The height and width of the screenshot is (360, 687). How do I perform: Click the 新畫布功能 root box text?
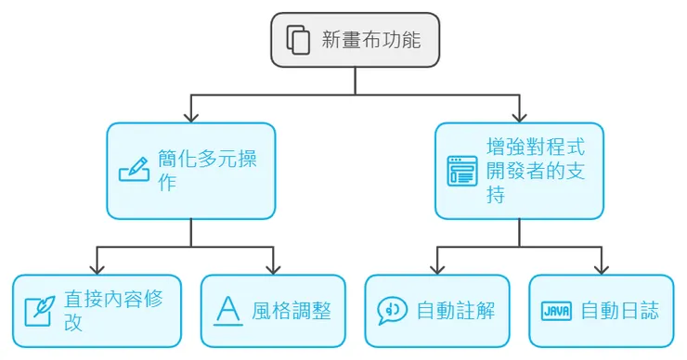(370, 40)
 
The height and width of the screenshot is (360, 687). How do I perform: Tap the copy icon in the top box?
(298, 40)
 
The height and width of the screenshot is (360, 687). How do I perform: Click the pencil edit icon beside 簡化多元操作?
(134, 171)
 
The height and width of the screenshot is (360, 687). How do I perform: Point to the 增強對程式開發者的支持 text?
(536, 171)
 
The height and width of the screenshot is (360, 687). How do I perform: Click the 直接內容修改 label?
(99, 310)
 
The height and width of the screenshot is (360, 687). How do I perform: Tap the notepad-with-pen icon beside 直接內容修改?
(38, 310)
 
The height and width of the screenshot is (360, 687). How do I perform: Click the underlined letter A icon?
(227, 310)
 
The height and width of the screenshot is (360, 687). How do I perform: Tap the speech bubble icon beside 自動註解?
(392, 310)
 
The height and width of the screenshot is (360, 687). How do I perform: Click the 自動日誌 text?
(619, 310)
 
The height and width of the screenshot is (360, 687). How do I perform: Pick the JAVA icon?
(556, 310)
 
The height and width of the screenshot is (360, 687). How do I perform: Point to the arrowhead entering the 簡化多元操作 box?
(191, 117)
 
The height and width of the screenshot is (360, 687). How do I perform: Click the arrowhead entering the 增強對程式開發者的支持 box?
(519, 117)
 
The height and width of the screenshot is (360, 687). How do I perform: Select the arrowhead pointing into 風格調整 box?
(274, 268)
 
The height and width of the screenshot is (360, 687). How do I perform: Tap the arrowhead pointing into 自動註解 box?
(437, 268)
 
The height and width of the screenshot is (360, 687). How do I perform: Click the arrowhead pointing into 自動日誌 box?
(602, 268)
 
